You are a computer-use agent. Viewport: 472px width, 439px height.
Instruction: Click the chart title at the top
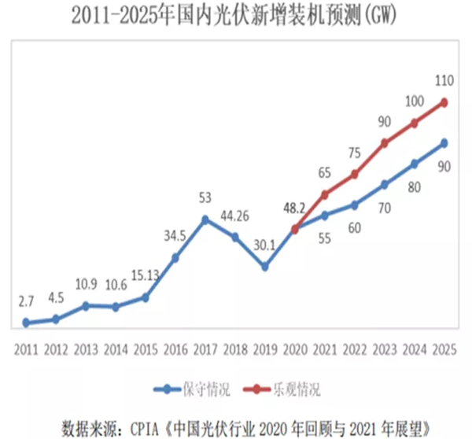coord(236,14)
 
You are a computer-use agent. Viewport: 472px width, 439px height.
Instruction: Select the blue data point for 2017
coord(205,219)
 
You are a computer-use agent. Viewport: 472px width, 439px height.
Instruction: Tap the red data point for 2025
coord(444,102)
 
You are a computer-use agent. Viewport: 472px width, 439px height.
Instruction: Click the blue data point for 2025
coord(444,143)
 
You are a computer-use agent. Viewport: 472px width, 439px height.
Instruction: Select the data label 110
coord(444,80)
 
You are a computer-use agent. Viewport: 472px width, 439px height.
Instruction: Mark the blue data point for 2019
coord(265,267)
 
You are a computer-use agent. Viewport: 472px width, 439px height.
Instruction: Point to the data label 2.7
coord(26,300)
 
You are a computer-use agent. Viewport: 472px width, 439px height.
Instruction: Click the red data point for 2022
coord(355,174)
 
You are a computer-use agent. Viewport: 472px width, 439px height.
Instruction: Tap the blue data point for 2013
coord(86,305)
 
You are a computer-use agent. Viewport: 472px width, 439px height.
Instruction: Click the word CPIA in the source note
coord(139,428)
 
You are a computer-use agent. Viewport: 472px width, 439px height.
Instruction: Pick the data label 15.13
coord(146,276)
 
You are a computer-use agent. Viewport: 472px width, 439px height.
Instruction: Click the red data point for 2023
coord(385,143)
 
